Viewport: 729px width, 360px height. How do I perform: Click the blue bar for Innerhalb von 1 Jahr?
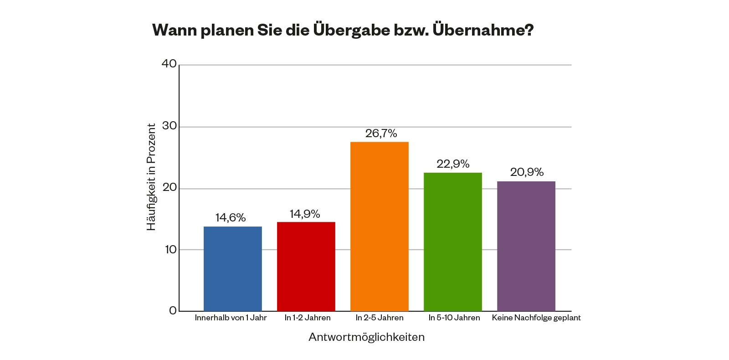[x=232, y=269]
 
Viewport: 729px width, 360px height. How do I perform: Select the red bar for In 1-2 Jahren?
[x=306, y=267]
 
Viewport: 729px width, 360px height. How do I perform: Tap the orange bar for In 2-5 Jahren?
[x=380, y=226]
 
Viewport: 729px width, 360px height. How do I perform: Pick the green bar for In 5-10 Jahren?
[x=453, y=242]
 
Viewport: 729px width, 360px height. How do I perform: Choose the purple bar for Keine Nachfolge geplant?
[x=526, y=246]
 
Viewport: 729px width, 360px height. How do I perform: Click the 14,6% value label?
[x=231, y=218]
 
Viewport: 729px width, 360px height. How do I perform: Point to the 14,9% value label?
[x=305, y=214]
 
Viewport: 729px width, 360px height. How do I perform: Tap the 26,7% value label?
[x=381, y=134]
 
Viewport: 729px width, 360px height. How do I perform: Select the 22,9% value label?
[x=453, y=164]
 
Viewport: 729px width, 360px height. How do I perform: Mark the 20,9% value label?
[x=527, y=172]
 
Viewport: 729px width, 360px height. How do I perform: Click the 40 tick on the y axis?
[x=169, y=64]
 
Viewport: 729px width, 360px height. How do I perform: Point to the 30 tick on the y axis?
[x=169, y=126]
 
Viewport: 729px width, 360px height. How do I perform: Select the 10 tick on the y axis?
[x=170, y=250]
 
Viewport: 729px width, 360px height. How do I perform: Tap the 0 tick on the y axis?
[x=173, y=311]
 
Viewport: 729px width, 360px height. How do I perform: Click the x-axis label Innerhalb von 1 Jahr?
[x=231, y=318]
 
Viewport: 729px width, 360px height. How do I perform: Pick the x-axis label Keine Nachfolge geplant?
[x=536, y=318]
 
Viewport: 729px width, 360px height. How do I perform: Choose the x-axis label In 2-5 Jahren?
[x=380, y=318]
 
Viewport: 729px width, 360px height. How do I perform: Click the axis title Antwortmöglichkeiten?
[x=366, y=337]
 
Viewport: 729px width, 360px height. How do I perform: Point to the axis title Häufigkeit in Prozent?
[x=151, y=177]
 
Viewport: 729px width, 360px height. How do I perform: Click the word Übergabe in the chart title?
[x=351, y=30]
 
